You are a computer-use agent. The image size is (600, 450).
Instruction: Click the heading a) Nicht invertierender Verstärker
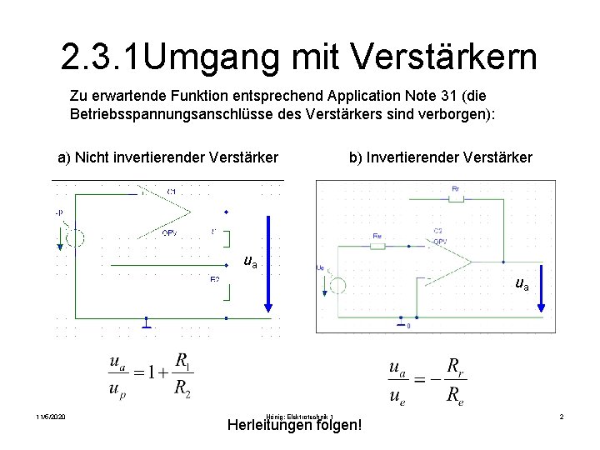[167, 157]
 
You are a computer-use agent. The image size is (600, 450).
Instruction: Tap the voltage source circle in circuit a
[75, 237]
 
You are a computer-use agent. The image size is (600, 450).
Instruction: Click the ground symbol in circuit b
[402, 321]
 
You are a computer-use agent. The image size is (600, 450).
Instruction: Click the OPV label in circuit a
[168, 232]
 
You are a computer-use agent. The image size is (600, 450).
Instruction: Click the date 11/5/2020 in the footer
[51, 417]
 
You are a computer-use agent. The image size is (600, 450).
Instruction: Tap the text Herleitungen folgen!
[294, 425]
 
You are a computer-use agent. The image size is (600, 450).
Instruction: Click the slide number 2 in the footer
[562, 417]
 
